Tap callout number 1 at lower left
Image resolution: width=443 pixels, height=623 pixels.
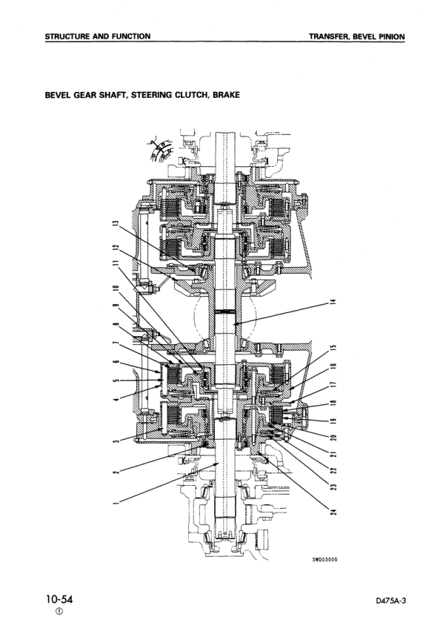116,503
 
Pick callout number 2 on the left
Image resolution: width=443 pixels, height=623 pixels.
116,472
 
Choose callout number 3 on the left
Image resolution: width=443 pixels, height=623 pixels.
116,441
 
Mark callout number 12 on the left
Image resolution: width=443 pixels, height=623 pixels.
116,248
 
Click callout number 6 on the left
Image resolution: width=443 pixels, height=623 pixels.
116,361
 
